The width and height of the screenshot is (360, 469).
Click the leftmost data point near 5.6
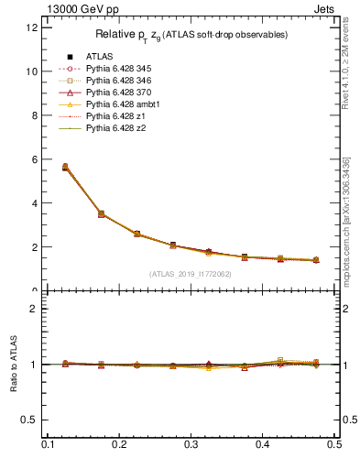(x=65, y=168)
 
